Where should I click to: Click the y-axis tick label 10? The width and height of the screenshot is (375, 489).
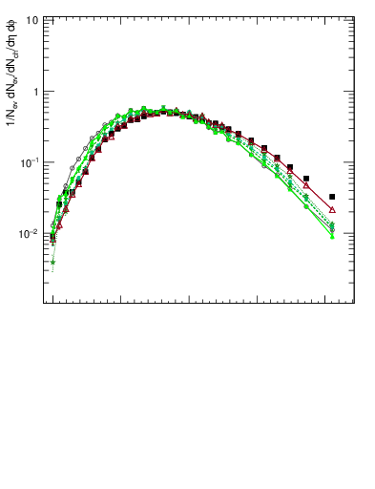point(31,20)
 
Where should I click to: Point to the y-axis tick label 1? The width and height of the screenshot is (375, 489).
point(34,92)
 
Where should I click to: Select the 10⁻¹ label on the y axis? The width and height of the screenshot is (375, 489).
point(30,162)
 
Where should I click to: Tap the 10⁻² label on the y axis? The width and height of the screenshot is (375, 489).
point(30,233)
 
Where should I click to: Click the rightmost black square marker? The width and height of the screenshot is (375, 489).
point(332,197)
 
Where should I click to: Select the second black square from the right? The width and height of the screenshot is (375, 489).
point(306,179)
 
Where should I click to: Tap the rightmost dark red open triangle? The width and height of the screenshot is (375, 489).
point(332,209)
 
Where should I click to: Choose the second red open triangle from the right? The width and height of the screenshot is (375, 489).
point(306,185)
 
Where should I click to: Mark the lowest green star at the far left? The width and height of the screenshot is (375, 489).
point(53,262)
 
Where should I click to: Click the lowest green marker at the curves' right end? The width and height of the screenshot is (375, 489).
point(332,236)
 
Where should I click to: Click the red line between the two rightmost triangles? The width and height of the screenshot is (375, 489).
point(320,198)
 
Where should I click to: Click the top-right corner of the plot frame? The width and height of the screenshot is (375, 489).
point(354,14)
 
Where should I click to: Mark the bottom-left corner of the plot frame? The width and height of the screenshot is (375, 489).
point(44,303)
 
